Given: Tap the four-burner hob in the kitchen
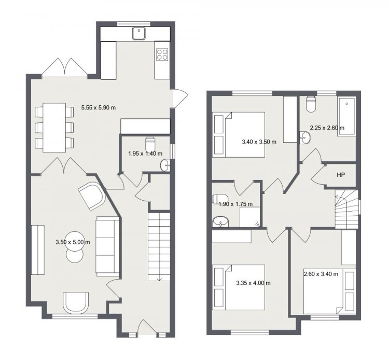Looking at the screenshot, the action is coord(162,54).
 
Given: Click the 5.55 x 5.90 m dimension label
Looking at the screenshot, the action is coord(99,108).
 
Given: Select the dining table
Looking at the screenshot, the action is coord(54,128).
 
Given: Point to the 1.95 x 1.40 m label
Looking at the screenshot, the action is coord(145,154).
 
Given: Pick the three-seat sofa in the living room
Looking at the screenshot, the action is coord(107,246).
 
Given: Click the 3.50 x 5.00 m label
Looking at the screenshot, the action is coord(73,242).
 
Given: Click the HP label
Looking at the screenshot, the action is coord(341,175).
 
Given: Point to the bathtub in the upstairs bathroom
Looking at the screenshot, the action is coord(346,117).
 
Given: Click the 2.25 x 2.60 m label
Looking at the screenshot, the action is coord(327,128).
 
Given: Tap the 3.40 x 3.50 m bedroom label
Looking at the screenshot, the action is coord(259,142).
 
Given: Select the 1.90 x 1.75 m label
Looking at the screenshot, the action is coord(235,204).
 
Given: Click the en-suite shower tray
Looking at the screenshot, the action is coord(249,217).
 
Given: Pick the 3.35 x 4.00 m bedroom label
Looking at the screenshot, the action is coord(253,283).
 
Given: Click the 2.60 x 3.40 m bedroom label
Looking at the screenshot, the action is coord(321,274).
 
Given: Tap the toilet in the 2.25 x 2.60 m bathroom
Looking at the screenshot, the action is coord(311,105).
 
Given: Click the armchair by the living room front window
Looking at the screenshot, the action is coord(76,303).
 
